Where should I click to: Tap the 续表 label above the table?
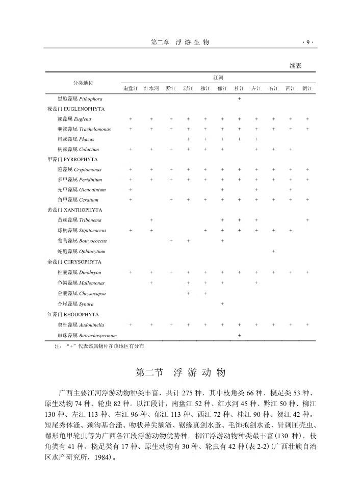coord(296,66)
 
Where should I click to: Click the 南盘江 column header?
coord(131,88)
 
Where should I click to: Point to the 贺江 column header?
coord(307,88)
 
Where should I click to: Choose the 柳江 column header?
coord(205,88)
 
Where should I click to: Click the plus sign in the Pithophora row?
coord(239,98)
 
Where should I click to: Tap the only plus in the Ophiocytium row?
coord(274,252)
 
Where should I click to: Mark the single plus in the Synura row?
coord(222,304)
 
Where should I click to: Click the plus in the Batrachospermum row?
coord(239,335)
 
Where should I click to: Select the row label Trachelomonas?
coord(84,129)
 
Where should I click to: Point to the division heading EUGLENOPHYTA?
coord(76,109)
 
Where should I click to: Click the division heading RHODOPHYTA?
coord(73,314)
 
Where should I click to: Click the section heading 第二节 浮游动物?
coord(179,372)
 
